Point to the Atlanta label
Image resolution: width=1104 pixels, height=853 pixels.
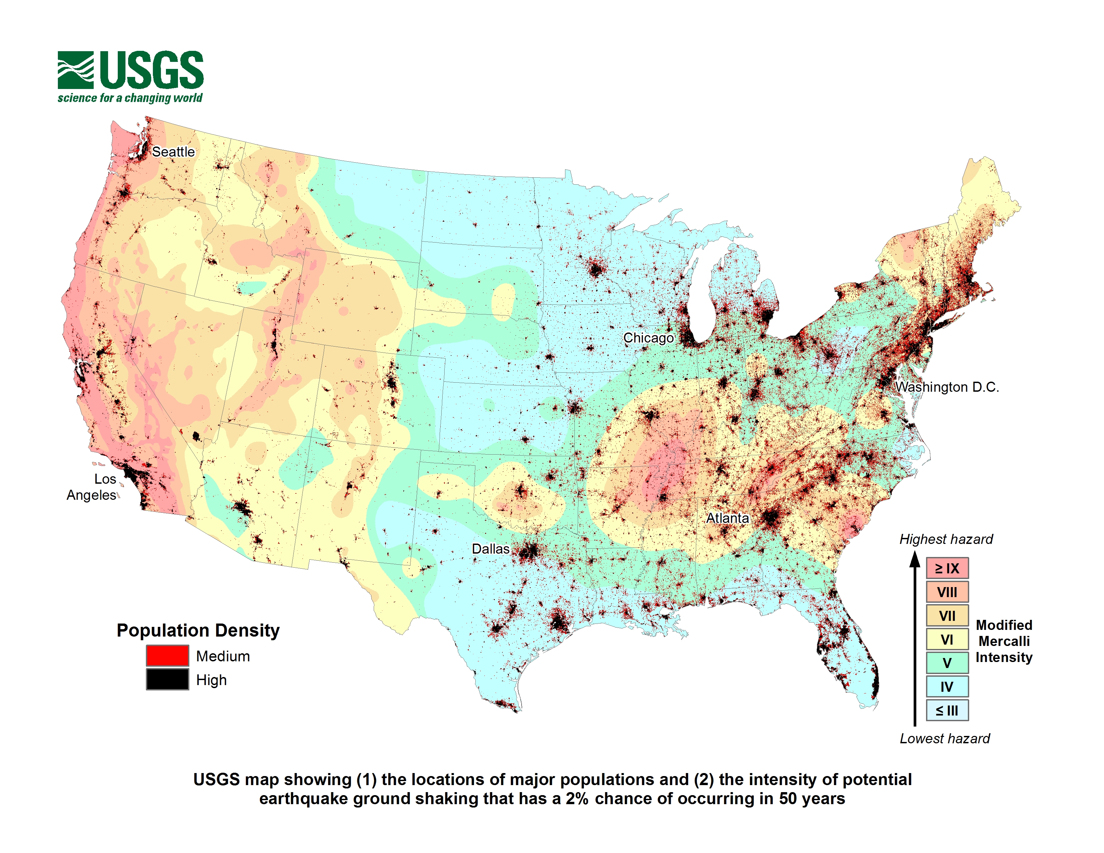pos(727,518)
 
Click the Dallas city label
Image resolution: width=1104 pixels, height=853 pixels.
pos(490,549)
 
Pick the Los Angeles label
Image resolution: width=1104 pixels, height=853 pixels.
pos(94,487)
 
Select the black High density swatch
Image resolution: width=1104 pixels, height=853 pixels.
pos(167,679)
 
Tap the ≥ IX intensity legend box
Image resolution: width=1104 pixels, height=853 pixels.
pos(947,568)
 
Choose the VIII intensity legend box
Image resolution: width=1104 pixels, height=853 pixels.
pos(947,592)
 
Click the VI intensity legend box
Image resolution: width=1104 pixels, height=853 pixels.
pos(947,639)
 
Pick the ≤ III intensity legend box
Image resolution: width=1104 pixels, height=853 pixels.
pos(947,710)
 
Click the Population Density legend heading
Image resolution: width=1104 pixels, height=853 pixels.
pos(198,630)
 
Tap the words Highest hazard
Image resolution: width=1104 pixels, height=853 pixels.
pos(946,539)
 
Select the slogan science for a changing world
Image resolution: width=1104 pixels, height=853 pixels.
pos(130,98)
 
